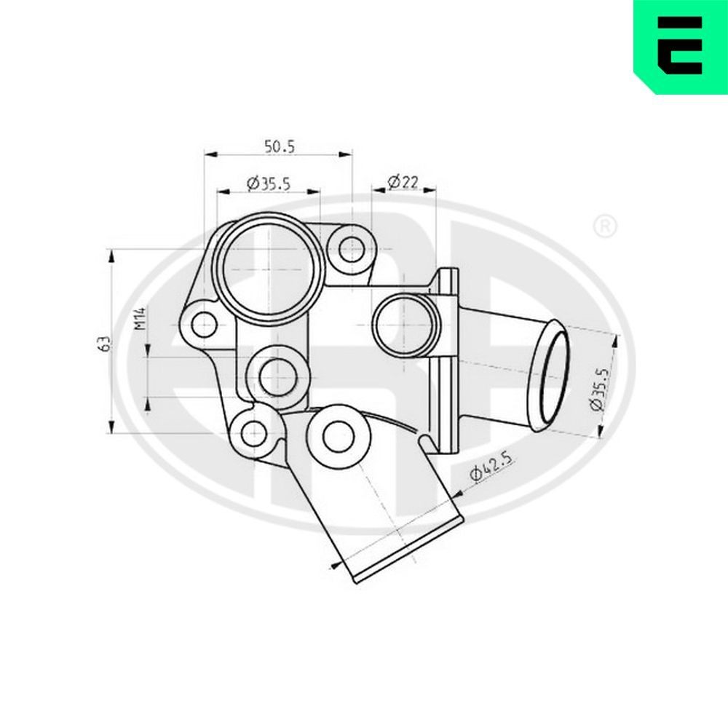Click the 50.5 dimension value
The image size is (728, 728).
tap(279, 146)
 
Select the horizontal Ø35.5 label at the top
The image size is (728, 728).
tap(269, 184)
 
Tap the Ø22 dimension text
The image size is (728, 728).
tap(402, 181)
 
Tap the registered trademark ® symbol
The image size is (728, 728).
tap(604, 227)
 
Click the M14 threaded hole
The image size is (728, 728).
tap(278, 376)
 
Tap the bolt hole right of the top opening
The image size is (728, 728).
tap(353, 248)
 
